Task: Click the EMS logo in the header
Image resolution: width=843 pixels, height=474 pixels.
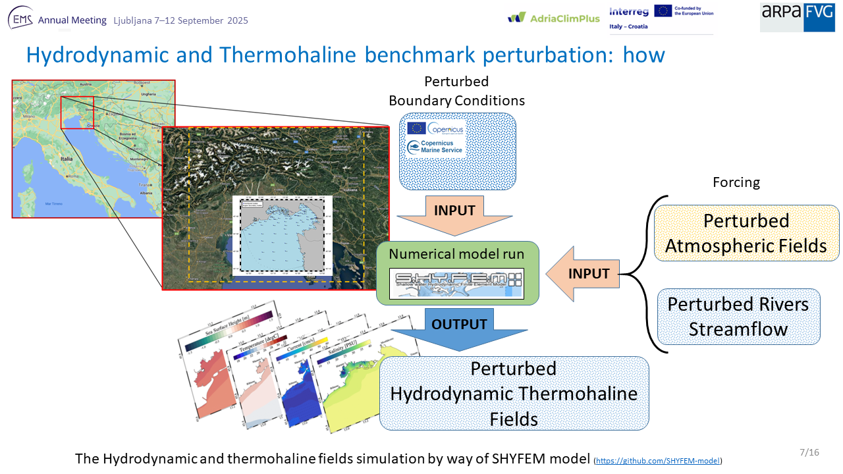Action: click(20, 20)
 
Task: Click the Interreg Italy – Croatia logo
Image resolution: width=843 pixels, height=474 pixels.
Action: click(628, 18)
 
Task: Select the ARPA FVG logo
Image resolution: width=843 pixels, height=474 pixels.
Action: click(797, 17)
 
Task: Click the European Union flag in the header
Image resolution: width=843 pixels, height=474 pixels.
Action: click(663, 11)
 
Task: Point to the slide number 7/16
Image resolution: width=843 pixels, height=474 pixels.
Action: click(809, 452)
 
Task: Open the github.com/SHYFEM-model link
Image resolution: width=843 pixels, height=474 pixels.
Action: click(659, 460)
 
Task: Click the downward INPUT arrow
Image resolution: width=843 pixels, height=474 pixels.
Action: click(454, 215)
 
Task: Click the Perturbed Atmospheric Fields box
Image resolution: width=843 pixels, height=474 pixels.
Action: click(746, 233)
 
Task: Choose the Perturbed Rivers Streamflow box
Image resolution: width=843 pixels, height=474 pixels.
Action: click(738, 317)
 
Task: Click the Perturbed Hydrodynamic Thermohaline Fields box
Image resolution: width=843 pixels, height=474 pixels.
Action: click(514, 394)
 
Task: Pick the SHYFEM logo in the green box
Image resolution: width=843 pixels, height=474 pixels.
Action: click(456, 284)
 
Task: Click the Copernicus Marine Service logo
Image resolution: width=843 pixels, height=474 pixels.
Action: click(435, 147)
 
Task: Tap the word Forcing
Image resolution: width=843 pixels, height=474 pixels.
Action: click(736, 182)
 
